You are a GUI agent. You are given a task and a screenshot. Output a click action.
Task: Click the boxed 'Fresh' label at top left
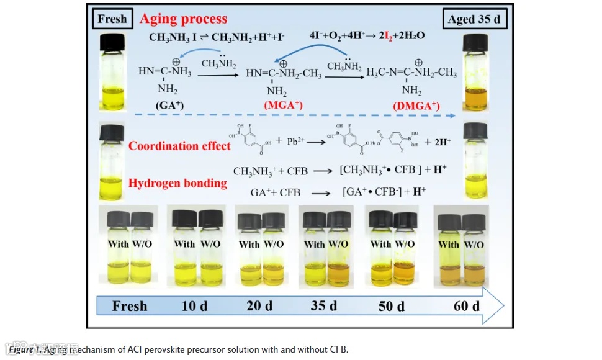112,19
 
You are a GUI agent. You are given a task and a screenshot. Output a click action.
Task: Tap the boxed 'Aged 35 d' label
477,19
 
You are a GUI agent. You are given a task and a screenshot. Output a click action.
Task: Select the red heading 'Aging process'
183,19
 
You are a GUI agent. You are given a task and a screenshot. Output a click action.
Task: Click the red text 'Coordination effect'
179,146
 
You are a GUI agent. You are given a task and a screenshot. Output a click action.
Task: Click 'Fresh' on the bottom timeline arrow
130,305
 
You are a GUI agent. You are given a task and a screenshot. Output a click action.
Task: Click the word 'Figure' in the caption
22,349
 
